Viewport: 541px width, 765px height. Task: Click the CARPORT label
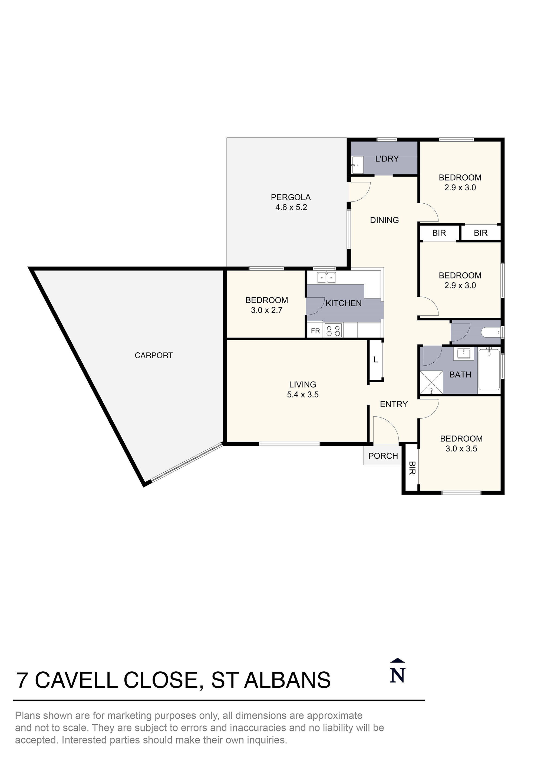[154, 356]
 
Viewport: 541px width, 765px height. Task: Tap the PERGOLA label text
[291, 197]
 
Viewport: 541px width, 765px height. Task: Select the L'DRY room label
[387, 159]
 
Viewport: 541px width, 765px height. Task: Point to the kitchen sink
[326, 277]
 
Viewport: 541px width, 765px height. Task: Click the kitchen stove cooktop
[333, 330]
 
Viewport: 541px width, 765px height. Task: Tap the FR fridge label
[315, 331]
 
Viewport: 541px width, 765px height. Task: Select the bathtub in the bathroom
[489, 369]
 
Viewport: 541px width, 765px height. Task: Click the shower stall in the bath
[431, 382]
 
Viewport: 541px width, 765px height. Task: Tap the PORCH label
[383, 456]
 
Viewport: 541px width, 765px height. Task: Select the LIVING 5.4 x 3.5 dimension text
[303, 395]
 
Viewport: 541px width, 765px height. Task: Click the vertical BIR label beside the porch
[412, 468]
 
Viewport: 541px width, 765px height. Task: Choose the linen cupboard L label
[376, 360]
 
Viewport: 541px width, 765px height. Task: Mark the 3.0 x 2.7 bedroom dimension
[267, 310]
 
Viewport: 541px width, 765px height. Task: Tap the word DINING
[384, 220]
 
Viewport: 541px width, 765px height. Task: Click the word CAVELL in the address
[76, 680]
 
